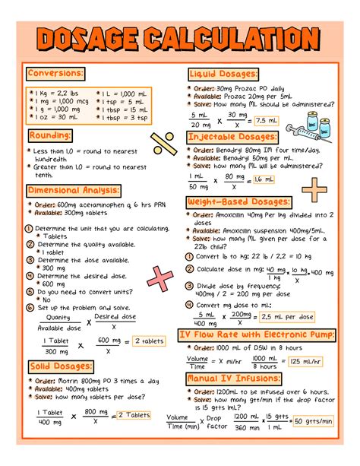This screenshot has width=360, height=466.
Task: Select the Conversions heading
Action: coord(55,74)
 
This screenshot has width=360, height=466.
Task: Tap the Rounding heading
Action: coord(50,135)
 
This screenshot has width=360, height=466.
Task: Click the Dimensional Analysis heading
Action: coord(73,190)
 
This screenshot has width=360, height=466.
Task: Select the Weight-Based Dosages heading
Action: coord(238,202)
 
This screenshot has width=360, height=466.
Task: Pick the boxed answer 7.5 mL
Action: coord(267,120)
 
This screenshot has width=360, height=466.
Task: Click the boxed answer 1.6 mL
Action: coord(262,179)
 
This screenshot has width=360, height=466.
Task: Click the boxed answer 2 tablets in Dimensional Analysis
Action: coord(150,342)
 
